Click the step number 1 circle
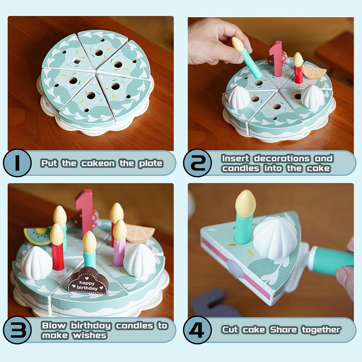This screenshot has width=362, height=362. (17, 163)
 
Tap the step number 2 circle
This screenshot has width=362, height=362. (197, 163)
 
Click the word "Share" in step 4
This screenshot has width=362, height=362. (284, 330)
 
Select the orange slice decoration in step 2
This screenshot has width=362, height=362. (314, 72)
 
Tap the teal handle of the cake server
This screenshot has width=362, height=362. (330, 259)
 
